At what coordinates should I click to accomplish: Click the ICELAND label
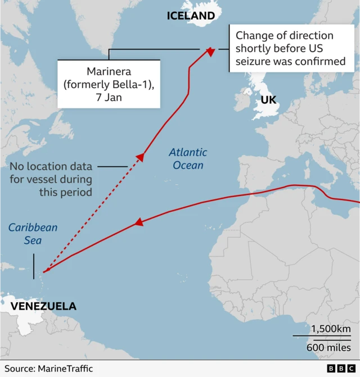click(x=191, y=16)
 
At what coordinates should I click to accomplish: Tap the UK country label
click(x=268, y=100)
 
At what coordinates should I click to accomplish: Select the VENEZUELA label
click(x=44, y=307)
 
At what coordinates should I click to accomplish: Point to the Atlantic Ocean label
click(x=188, y=158)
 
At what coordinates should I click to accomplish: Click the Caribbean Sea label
click(x=33, y=234)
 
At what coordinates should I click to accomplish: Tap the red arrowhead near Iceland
click(x=210, y=52)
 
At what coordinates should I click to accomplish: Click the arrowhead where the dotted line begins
click(x=141, y=157)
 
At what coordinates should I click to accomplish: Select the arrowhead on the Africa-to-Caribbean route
click(x=136, y=223)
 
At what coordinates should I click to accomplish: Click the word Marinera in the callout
click(x=109, y=71)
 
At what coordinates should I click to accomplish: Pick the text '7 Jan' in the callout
click(x=109, y=97)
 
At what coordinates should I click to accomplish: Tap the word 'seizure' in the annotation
click(x=251, y=61)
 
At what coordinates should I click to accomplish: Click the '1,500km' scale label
click(x=331, y=329)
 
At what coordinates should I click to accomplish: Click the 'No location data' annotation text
click(x=53, y=166)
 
